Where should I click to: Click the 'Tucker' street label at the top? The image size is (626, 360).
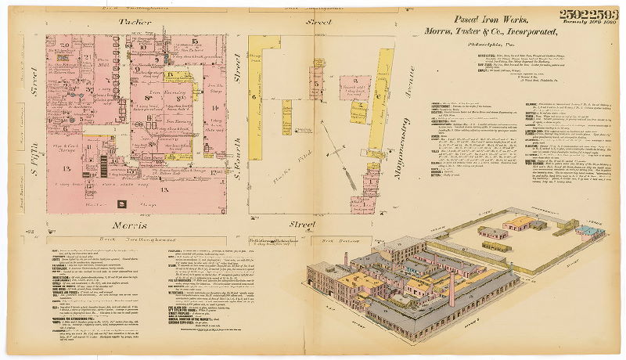click(135, 23)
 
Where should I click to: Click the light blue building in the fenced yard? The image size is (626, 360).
click(585, 229)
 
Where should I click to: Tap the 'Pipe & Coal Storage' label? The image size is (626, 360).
click(62, 147)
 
